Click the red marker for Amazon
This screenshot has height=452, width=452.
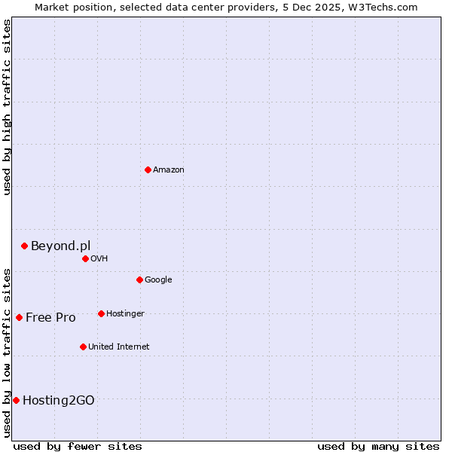pos(148,169)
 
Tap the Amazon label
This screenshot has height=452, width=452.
pos(169,170)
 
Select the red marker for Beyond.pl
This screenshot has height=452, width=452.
pos(24,246)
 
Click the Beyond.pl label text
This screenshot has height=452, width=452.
pos(60,246)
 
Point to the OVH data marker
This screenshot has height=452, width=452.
pos(85,258)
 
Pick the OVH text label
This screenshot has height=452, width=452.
pos(99,259)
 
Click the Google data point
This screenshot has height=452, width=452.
pos(139,279)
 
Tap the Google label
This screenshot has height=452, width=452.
pos(158,280)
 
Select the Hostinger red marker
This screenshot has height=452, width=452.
pos(101,313)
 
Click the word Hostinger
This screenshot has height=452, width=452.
pos(125,314)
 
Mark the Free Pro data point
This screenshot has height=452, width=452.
pos(19,317)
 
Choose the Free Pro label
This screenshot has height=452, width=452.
pos(50,318)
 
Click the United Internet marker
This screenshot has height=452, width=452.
pos(83,347)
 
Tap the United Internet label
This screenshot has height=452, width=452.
pos(119,347)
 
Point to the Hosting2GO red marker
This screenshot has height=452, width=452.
pos(16,400)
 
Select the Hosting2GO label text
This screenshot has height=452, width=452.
pos(59,401)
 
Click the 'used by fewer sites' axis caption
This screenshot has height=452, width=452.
pos(78,446)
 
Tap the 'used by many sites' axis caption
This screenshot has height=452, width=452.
pos(378,446)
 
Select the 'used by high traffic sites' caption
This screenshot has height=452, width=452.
pos(7,107)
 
